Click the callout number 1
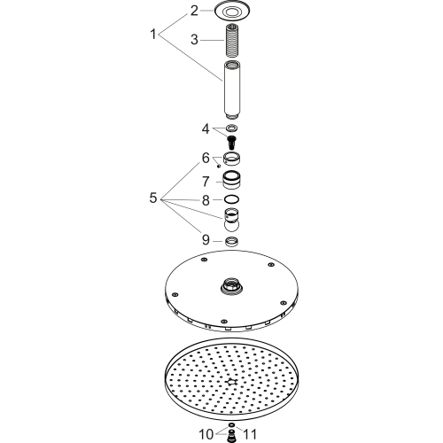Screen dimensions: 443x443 point(153,35)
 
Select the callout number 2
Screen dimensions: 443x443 point(194,11)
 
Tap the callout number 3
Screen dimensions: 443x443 point(194,40)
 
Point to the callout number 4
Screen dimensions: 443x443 point(206,129)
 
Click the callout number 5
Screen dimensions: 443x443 point(153,198)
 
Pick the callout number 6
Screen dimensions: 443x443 point(206,158)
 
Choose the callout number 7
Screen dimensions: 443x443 point(206,182)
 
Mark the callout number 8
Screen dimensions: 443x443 point(206,200)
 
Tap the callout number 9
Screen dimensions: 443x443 point(206,240)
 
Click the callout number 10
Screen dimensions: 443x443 point(206,434)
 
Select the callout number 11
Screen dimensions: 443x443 point(250,434)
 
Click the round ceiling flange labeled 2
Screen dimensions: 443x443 point(232,12)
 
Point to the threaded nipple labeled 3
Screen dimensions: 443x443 point(232,41)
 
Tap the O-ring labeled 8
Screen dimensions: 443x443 point(232,199)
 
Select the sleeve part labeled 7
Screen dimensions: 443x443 point(232,180)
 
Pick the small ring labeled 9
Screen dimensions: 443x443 point(232,242)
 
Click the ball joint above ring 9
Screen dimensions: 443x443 point(232,220)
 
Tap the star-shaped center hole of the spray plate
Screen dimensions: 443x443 point(231,382)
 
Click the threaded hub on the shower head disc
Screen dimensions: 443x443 point(232,286)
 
